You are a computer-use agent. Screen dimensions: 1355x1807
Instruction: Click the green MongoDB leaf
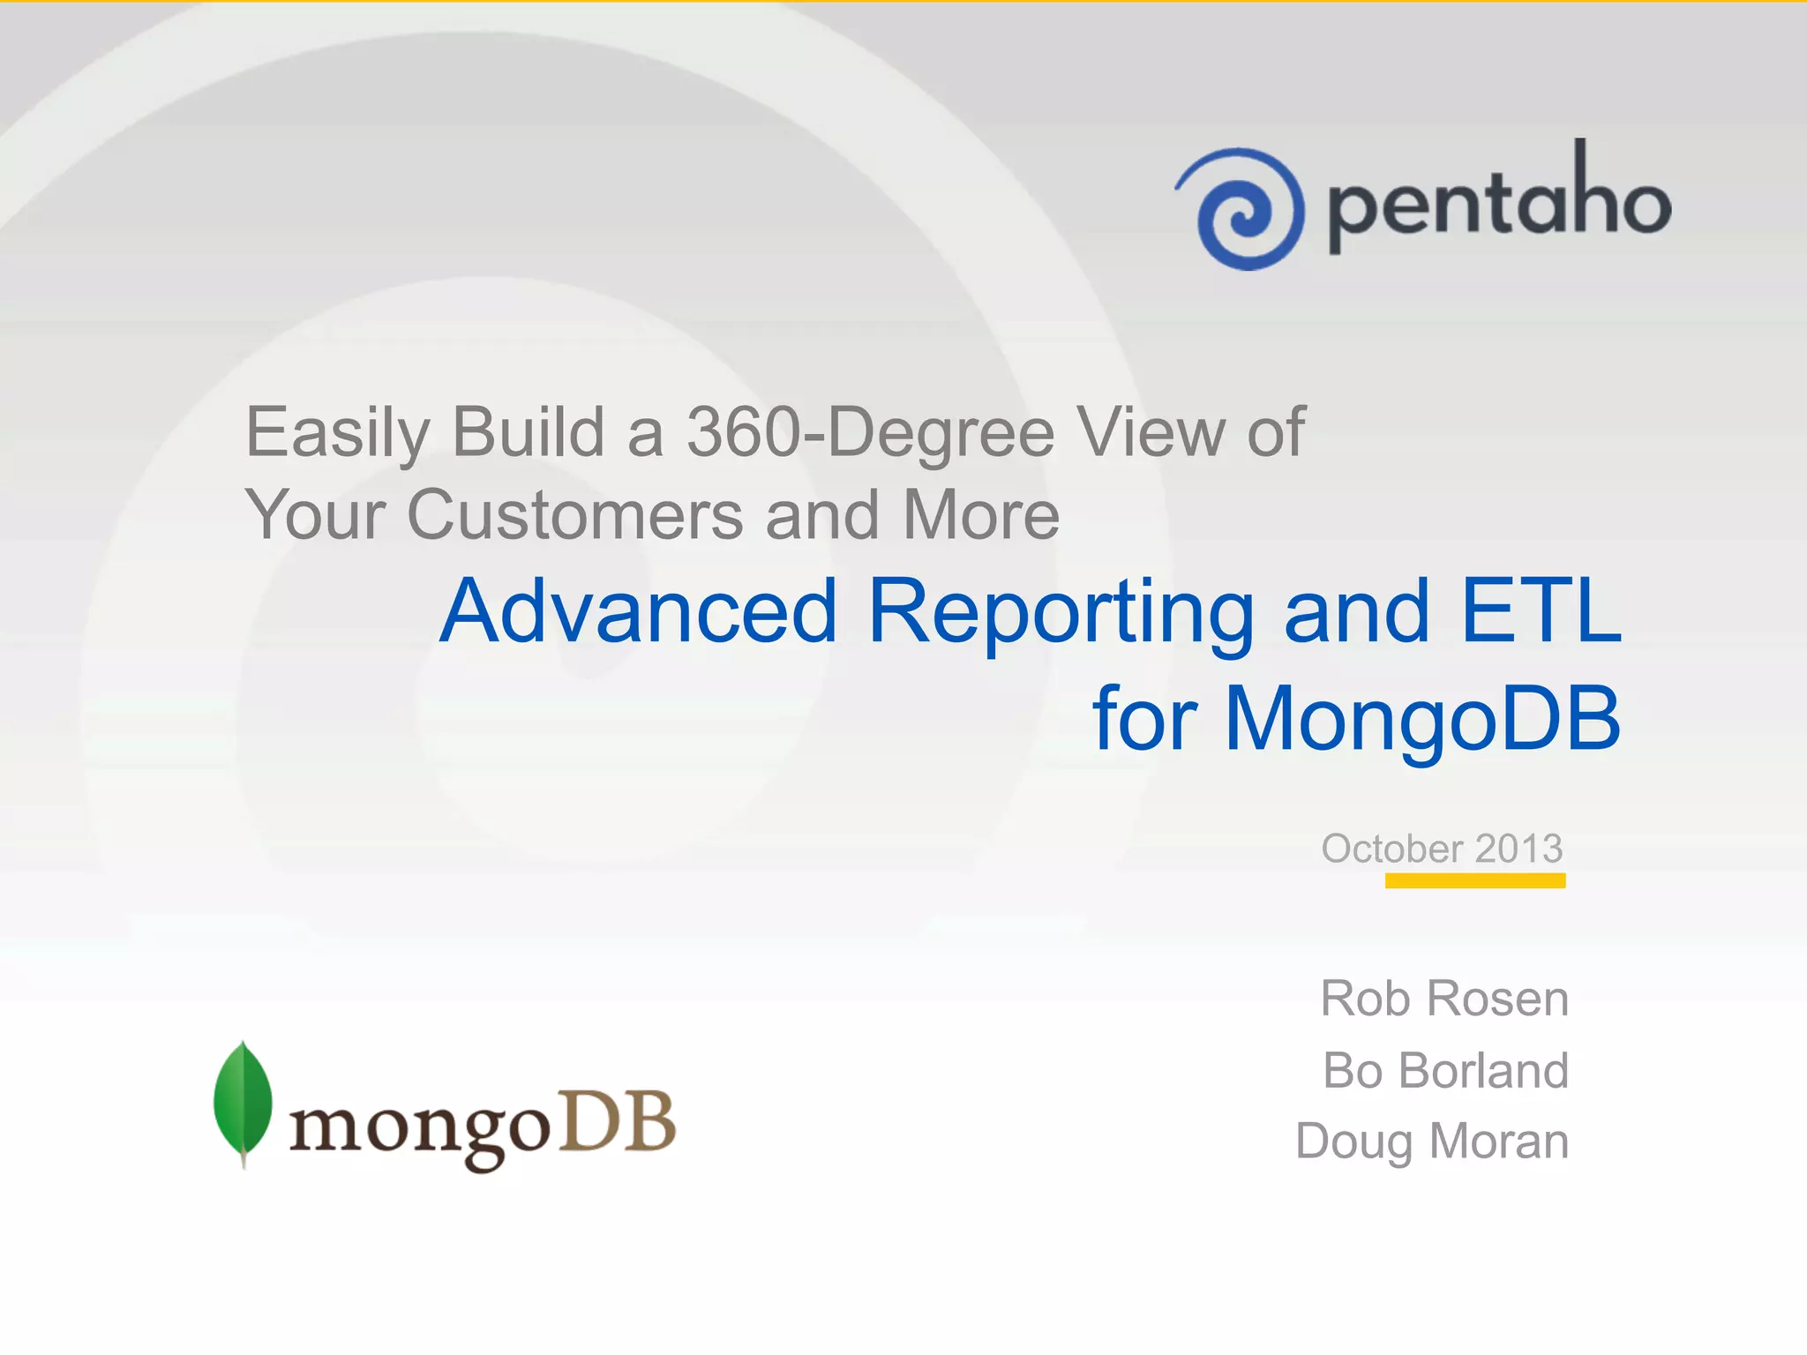click(x=243, y=1103)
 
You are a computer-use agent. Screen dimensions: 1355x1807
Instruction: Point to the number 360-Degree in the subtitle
click(x=870, y=432)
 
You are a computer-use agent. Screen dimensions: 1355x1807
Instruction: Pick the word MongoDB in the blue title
click(x=1422, y=720)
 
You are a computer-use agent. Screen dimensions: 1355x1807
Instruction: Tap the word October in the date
click(x=1391, y=849)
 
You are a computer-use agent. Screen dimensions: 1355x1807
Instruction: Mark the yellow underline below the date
click(x=1474, y=880)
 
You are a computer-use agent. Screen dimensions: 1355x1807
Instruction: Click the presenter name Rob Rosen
click(x=1444, y=999)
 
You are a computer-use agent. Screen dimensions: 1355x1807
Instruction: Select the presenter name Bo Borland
click(x=1445, y=1071)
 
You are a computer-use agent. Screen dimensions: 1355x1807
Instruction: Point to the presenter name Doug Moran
click(x=1432, y=1142)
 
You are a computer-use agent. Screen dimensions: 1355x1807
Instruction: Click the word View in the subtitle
click(x=1151, y=432)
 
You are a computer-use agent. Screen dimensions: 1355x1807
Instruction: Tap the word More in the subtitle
click(x=980, y=515)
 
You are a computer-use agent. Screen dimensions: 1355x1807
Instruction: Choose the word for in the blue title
click(x=1144, y=720)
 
